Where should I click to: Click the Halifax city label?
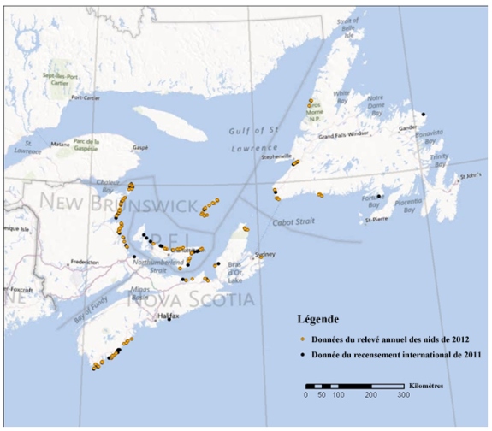pyautogui.click(x=169, y=316)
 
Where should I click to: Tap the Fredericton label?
pyautogui.click(x=88, y=262)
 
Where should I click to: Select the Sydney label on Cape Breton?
pyautogui.click(x=264, y=255)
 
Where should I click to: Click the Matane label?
pyautogui.click(x=62, y=145)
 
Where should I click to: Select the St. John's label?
pyautogui.click(x=466, y=176)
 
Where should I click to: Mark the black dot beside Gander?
pyautogui.click(x=422, y=115)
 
